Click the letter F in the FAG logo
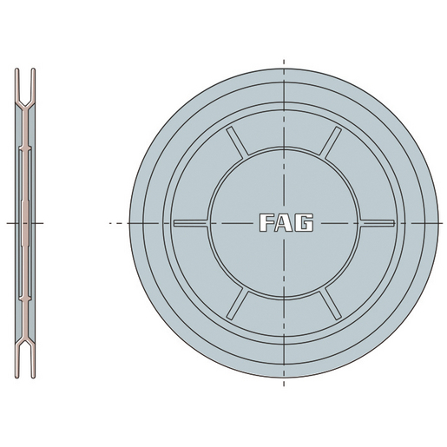click(x=266, y=223)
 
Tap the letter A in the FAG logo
click(x=286, y=223)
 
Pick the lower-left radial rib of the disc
click(x=237, y=303)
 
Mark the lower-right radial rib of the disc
click(x=332, y=303)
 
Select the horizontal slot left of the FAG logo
click(x=191, y=223)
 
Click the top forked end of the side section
click(x=27, y=76)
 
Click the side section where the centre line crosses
click(x=27, y=223)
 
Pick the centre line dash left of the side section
click(x=11, y=223)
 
